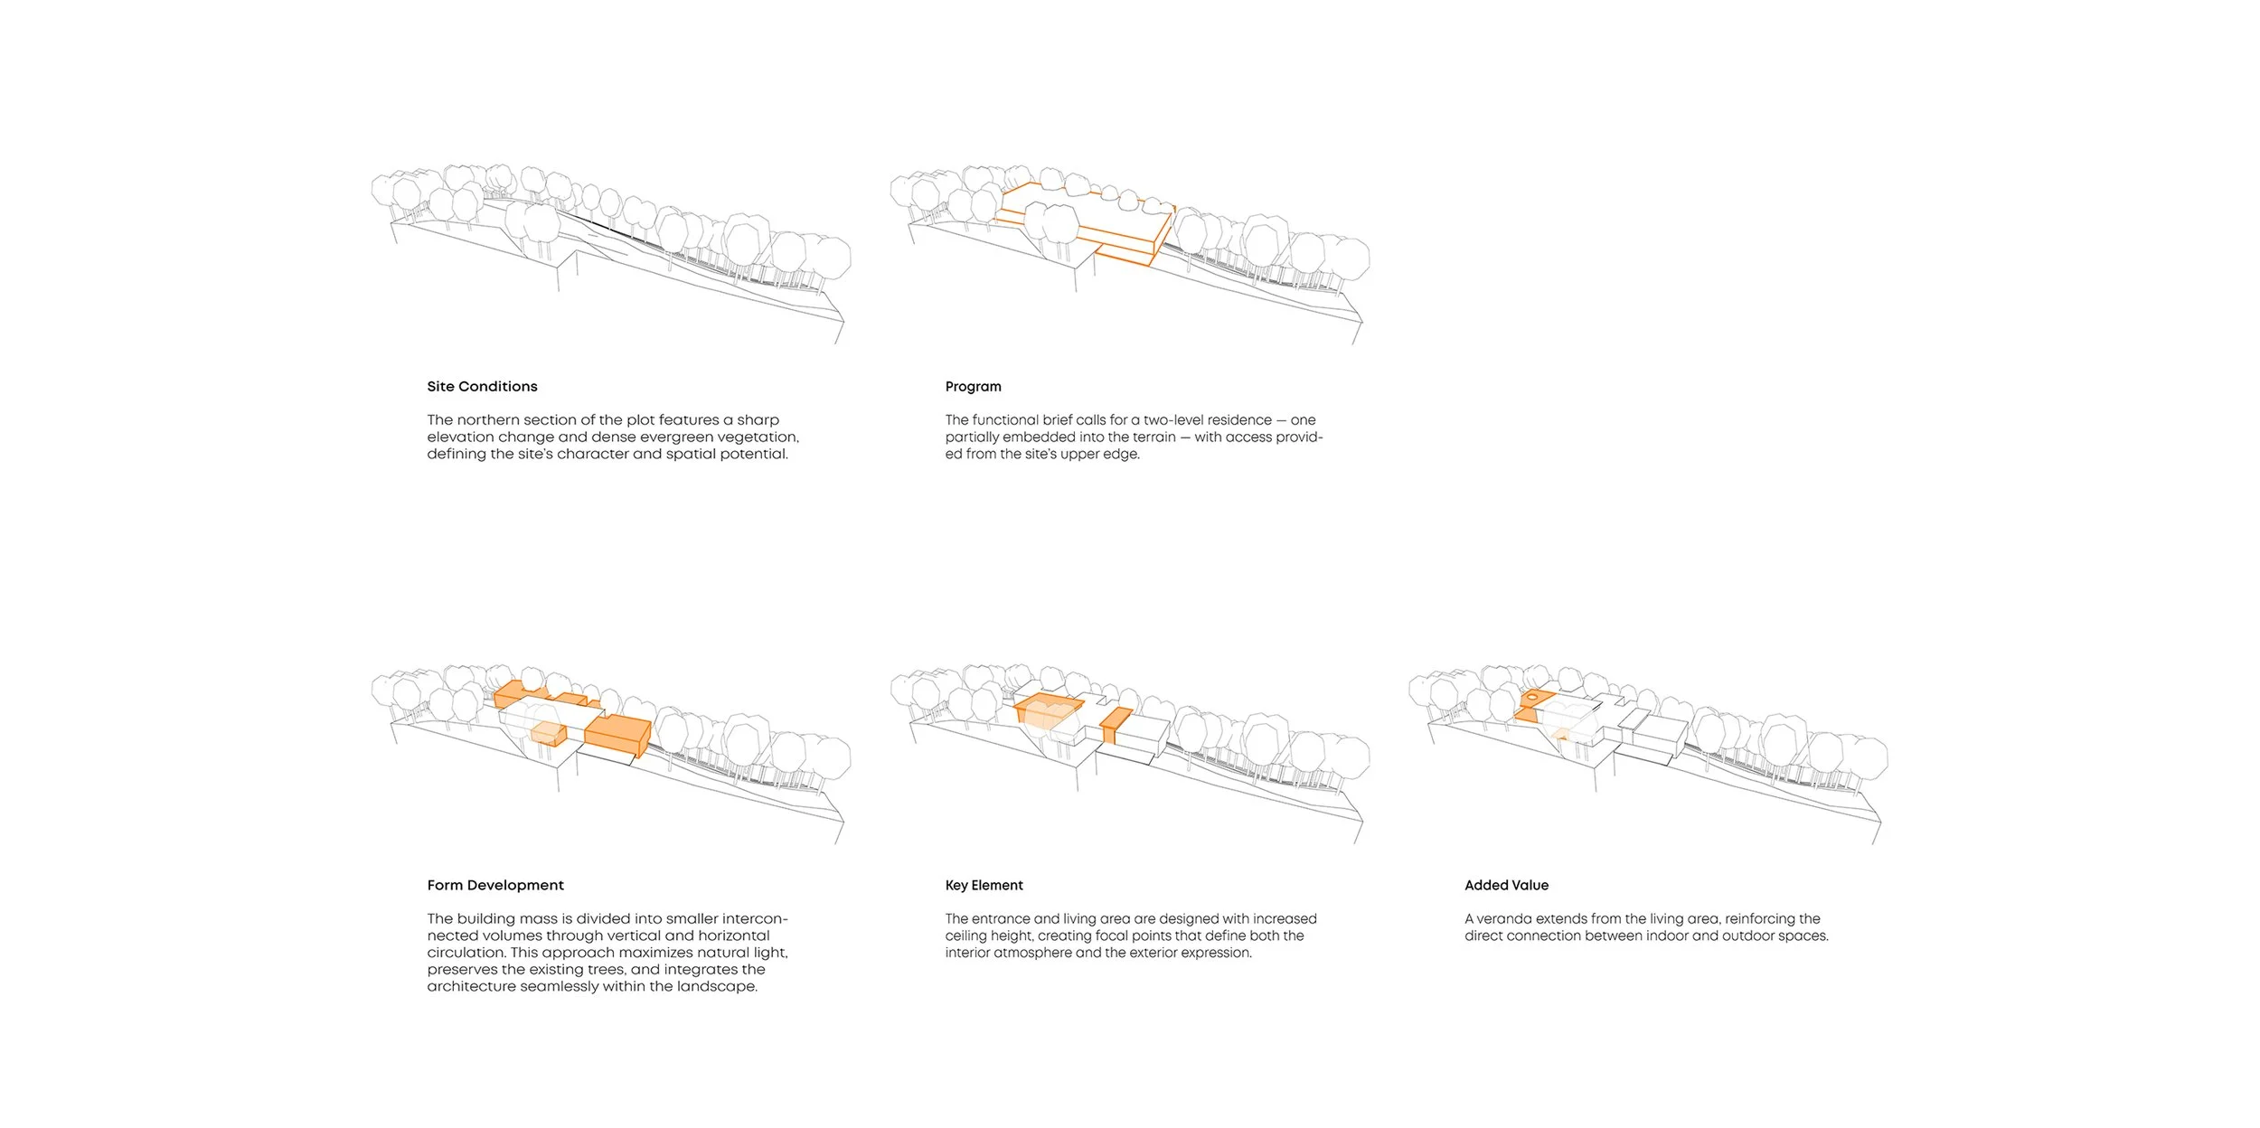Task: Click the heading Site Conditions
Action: (x=482, y=387)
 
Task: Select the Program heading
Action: (x=973, y=387)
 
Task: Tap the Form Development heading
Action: (x=495, y=886)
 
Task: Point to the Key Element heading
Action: (x=984, y=886)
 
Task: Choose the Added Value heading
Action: (x=1506, y=886)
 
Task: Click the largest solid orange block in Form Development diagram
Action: (x=616, y=732)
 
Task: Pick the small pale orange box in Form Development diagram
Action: (x=547, y=733)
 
